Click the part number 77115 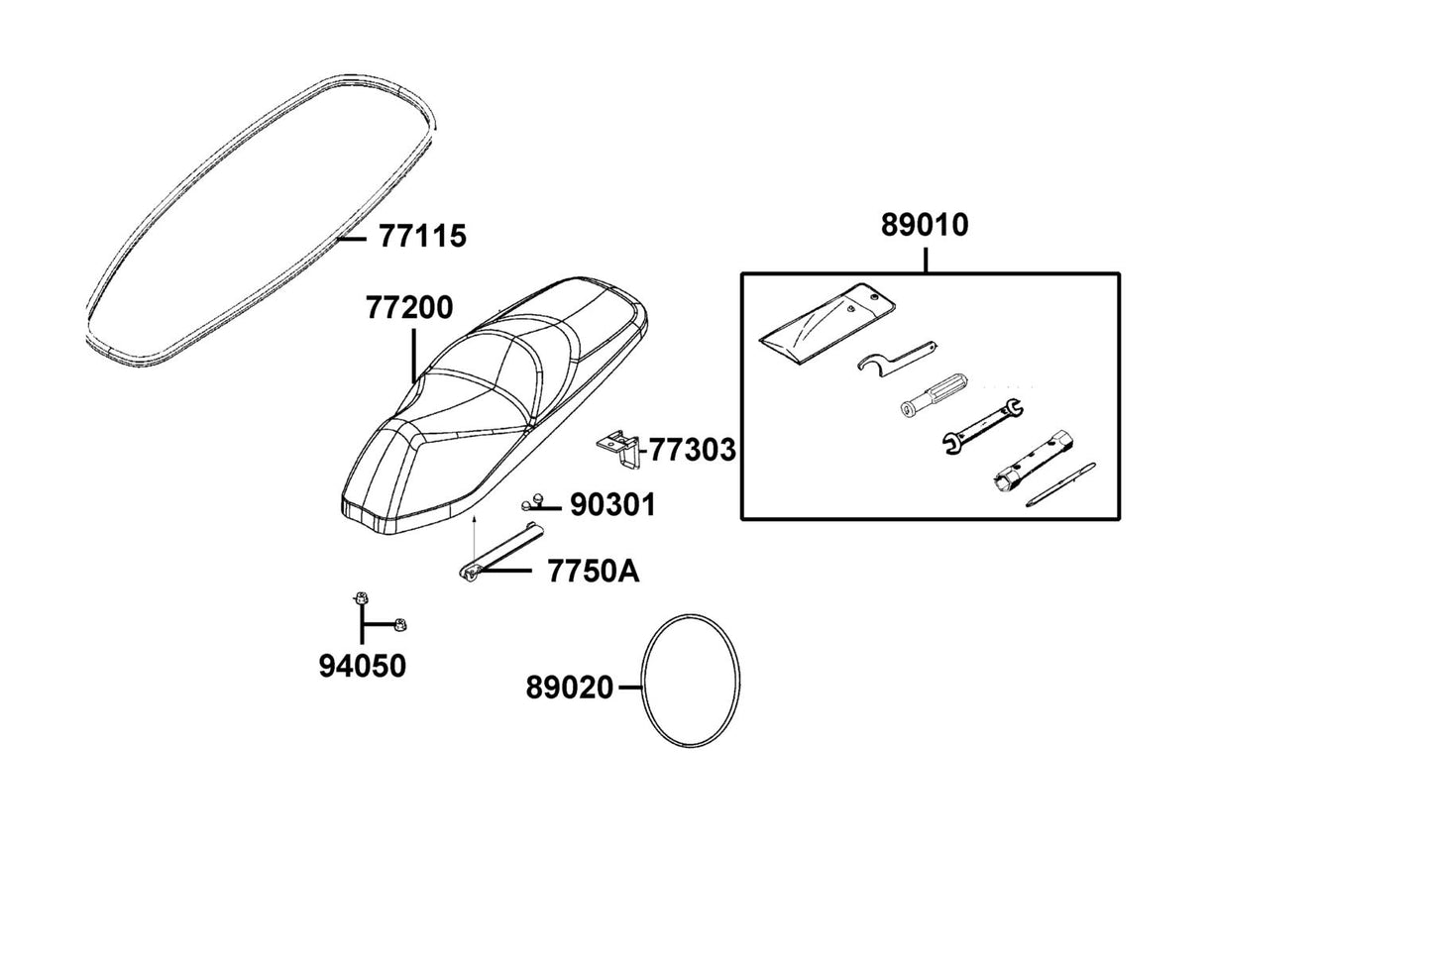(422, 237)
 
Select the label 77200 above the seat (409, 307)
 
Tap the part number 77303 (693, 451)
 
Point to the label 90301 (613, 505)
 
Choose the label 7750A (594, 572)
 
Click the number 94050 (363, 667)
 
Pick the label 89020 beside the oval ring (570, 688)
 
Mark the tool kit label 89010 (925, 225)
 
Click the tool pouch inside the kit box (826, 323)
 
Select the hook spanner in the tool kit (895, 359)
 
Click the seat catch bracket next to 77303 (618, 449)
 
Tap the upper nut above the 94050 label (361, 598)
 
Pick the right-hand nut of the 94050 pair (400, 625)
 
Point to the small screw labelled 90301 (531, 502)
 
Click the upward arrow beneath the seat (474, 539)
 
